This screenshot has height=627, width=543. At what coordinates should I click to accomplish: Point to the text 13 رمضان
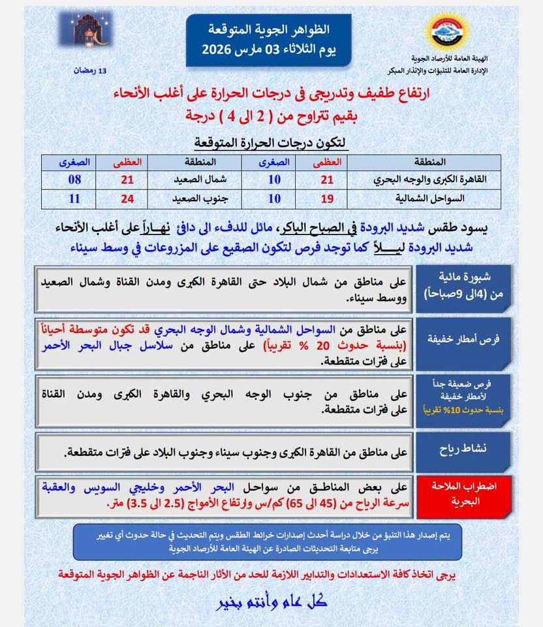[92, 71]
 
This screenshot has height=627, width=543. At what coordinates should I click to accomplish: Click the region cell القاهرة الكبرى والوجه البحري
[431, 178]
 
